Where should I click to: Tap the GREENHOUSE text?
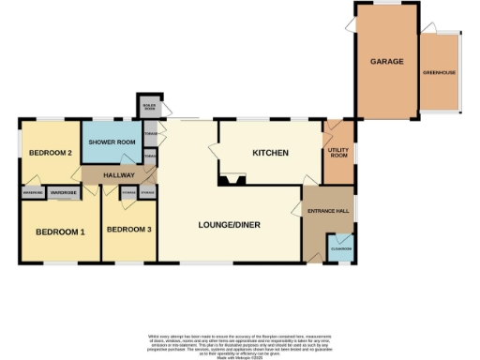click(441, 72)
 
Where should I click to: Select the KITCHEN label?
click(270, 153)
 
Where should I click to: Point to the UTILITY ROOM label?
click(337, 153)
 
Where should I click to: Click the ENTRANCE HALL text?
click(329, 212)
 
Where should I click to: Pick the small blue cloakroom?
click(340, 248)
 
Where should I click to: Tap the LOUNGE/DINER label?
click(229, 225)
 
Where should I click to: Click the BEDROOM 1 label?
click(60, 232)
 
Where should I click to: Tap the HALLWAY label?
click(120, 175)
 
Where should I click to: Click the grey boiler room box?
click(149, 107)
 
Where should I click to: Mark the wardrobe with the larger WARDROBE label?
click(63, 192)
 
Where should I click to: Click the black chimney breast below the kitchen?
click(231, 178)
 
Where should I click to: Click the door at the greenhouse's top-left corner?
click(427, 29)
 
